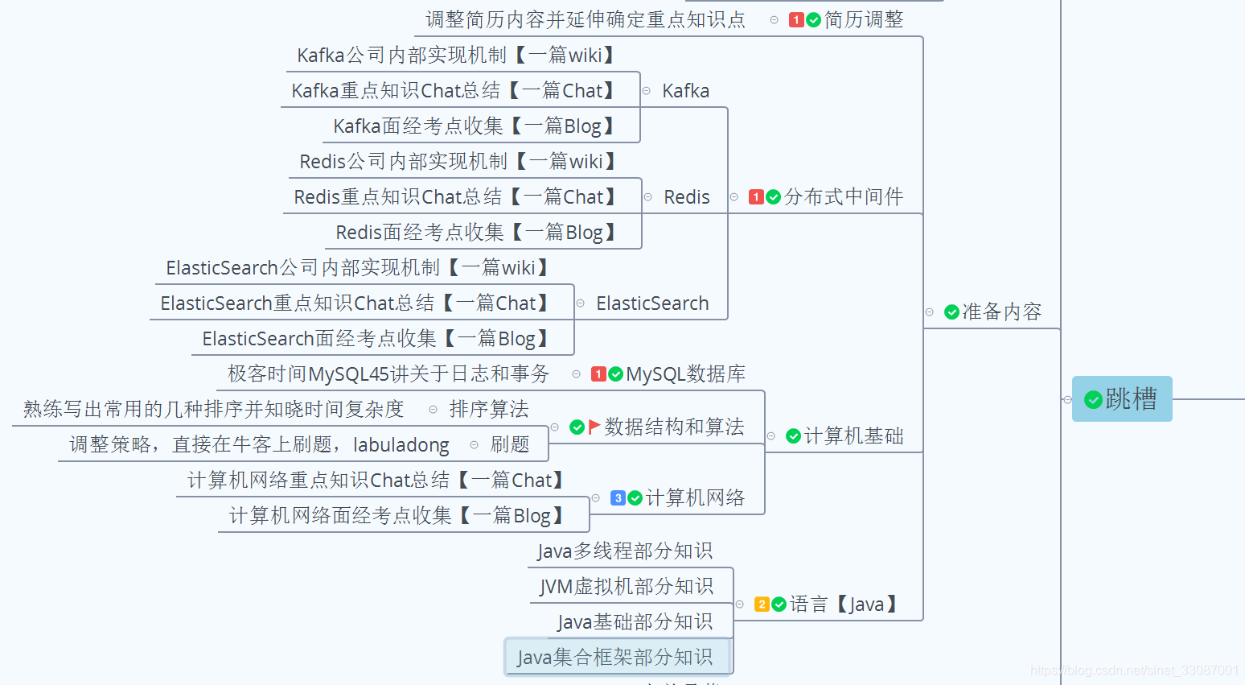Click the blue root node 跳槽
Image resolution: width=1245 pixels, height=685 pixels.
(1122, 398)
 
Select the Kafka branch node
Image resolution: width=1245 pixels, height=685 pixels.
(685, 91)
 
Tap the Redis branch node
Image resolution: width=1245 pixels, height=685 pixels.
(686, 197)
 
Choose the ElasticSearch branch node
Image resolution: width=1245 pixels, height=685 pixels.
(652, 303)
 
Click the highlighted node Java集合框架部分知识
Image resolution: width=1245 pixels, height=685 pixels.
(615, 657)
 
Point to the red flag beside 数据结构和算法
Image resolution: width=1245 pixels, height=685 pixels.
(594, 427)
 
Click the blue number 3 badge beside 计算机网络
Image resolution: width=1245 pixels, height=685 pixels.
(618, 498)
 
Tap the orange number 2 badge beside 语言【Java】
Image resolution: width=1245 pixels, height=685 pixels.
(762, 605)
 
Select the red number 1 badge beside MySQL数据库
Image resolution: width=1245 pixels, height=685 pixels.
(598, 374)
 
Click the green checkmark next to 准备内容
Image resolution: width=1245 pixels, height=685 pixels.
(951, 312)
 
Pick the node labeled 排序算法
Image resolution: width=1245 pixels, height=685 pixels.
(488, 410)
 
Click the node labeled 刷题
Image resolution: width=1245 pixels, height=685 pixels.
(510, 444)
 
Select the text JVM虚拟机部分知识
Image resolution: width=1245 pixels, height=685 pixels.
(626, 587)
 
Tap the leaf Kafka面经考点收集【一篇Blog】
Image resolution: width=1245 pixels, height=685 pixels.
(474, 126)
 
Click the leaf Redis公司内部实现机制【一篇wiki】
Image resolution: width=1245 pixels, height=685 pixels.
(457, 162)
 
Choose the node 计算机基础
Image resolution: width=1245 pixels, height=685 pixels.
(853, 436)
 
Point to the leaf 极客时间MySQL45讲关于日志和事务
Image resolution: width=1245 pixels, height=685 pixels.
(388, 374)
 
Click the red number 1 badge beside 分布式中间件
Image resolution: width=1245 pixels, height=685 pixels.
(756, 197)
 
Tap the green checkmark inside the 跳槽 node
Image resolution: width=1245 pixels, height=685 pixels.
(1093, 399)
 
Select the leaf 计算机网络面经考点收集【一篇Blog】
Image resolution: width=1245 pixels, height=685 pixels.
(396, 516)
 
